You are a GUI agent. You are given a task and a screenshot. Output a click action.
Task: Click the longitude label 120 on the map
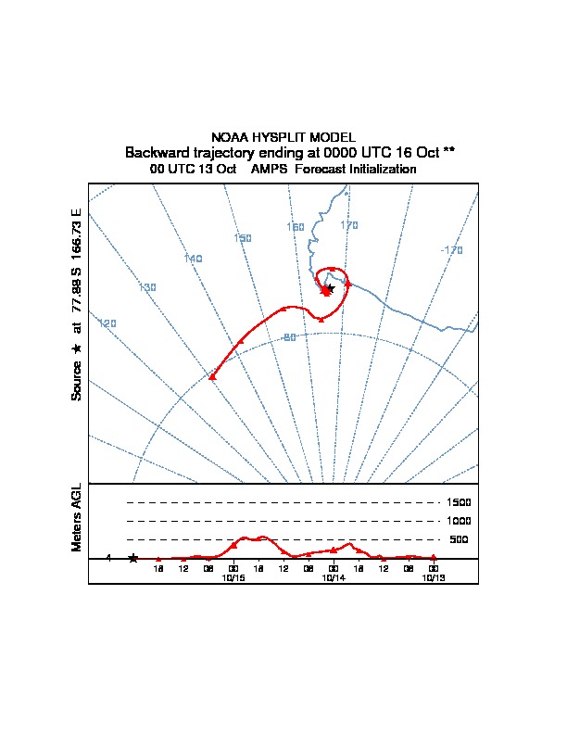coord(107,323)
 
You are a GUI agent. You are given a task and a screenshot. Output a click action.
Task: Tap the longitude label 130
coord(147,287)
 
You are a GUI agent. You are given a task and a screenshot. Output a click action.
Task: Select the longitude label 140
coord(193,259)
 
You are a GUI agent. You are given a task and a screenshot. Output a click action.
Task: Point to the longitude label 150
coord(243,238)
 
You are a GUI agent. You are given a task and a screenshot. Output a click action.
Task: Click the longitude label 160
coord(296,227)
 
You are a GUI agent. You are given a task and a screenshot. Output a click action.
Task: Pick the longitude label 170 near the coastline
coord(349,225)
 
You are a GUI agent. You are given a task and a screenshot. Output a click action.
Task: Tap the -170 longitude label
coord(452,250)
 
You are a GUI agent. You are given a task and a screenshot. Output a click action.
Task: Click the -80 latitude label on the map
coord(288,337)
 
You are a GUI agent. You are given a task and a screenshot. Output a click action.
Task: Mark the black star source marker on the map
coord(330,288)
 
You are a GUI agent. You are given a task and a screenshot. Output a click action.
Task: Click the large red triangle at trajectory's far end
coord(212,376)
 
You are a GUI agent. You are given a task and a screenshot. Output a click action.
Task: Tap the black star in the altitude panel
coord(133,558)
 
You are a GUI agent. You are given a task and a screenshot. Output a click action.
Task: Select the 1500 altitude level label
coord(460,502)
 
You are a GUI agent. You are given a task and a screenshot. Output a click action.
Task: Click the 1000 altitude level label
coord(460,521)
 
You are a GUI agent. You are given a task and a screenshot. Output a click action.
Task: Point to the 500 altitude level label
coord(459,539)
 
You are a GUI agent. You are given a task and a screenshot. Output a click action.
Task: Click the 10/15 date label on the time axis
coord(233,577)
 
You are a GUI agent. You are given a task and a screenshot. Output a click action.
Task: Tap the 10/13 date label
coord(434,577)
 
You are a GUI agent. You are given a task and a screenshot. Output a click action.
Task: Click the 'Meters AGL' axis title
coord(77,518)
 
